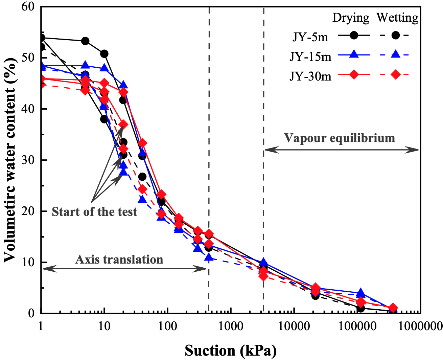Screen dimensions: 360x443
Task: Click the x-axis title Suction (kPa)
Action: tap(231, 351)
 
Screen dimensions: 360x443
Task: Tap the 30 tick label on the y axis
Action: tap(29, 160)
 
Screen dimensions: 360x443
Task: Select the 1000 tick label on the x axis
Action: tap(231, 326)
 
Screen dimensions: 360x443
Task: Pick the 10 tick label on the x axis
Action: tap(104, 326)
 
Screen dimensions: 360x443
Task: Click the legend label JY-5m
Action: tap(310, 37)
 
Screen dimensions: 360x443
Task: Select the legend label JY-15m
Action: tap(310, 56)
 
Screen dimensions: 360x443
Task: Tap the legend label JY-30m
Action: tap(310, 76)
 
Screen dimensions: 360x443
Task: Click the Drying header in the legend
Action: tap(351, 18)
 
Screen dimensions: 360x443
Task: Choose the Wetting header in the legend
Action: tap(398, 18)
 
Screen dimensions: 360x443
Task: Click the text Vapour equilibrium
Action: tap(340, 138)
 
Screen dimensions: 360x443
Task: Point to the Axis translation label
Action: tap(119, 260)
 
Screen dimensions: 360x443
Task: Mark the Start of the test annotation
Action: tap(94, 212)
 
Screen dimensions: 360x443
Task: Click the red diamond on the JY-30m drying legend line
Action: tap(354, 74)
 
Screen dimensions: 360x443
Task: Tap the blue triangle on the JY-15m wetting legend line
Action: tap(395, 54)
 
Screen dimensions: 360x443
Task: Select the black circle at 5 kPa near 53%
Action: tap(85, 41)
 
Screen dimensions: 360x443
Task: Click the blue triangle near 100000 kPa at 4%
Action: tap(360, 293)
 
